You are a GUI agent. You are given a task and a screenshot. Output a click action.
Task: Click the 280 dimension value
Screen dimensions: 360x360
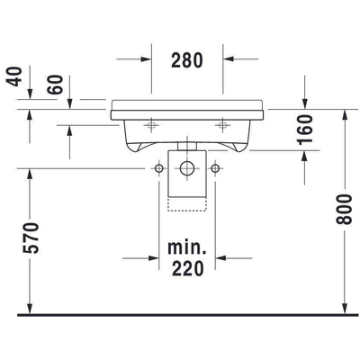[187, 60]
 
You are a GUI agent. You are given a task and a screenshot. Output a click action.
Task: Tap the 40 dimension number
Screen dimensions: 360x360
[14, 76]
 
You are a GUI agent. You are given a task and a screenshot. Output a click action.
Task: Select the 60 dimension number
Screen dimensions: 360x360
[56, 85]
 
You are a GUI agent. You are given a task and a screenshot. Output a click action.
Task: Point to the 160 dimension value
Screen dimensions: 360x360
[305, 130]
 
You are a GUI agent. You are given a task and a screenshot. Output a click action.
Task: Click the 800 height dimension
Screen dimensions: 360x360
[344, 209]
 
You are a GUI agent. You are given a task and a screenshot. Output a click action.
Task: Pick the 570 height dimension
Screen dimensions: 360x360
[31, 238]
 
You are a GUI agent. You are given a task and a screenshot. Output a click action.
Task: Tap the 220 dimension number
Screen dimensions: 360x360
[187, 268]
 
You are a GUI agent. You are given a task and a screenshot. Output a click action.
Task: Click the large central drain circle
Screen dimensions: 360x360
[187, 168]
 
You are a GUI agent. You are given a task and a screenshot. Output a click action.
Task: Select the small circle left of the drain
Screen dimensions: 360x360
[159, 168]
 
